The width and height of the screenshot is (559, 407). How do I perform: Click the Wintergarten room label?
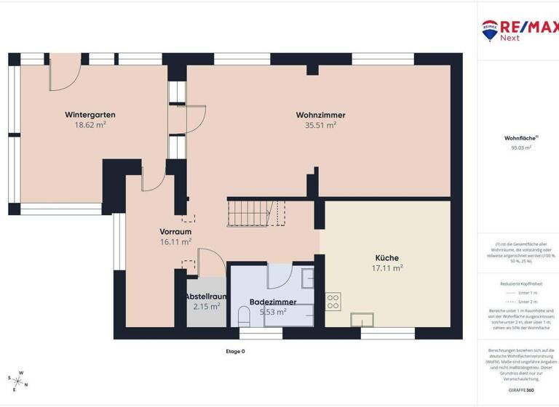(90, 115)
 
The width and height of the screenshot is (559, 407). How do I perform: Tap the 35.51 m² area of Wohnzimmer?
(320, 125)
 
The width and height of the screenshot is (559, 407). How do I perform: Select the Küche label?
(386, 257)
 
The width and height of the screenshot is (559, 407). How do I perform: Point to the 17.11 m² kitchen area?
(387, 267)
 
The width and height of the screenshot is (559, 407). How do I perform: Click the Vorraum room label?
(175, 231)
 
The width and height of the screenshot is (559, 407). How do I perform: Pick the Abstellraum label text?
(206, 297)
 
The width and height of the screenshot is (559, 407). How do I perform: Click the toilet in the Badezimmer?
(244, 315)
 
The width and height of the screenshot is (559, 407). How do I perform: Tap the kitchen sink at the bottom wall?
(362, 320)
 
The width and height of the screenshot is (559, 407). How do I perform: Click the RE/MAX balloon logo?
(490, 30)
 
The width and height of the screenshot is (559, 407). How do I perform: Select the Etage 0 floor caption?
(235, 351)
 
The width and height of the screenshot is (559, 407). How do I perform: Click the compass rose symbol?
(20, 379)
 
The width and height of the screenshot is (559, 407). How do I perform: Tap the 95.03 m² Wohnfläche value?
(521, 148)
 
